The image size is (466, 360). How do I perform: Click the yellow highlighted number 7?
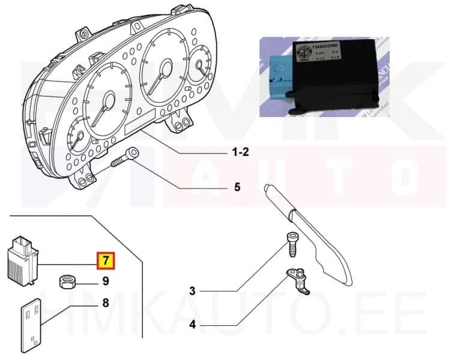click(106, 260)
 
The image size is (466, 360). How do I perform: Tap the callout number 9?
click(105, 280)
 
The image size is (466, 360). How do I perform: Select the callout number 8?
click(105, 303)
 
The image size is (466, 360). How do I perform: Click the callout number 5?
click(237, 188)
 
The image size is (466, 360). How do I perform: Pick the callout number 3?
click(192, 292)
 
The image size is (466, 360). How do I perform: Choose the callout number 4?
click(192, 327)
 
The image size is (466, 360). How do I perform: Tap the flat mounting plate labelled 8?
click(31, 324)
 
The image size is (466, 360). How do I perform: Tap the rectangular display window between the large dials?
click(140, 122)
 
